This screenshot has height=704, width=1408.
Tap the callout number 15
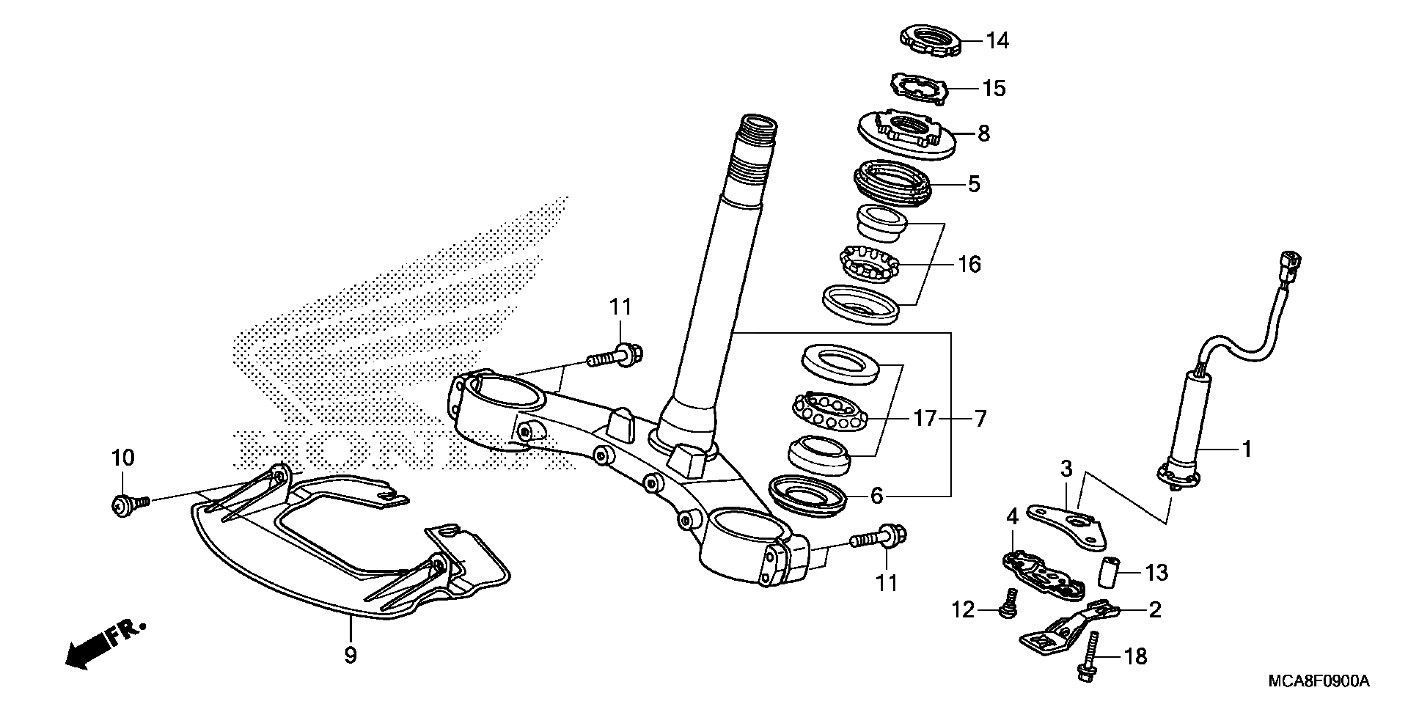point(994,89)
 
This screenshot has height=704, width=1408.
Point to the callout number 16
point(969,265)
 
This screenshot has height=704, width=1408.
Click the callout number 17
point(926,419)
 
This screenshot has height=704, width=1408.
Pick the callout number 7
point(981,419)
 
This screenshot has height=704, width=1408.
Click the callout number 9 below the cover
point(350,655)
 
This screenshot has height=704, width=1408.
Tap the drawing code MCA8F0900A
point(1319,682)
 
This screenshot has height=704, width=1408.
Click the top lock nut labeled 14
point(930,40)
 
